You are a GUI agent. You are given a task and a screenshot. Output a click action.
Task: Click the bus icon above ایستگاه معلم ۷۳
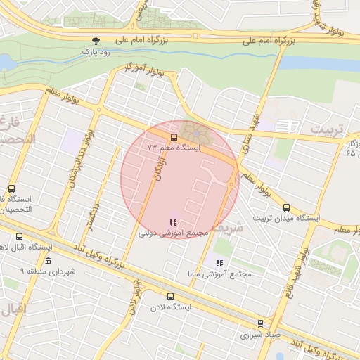(x=174, y=137)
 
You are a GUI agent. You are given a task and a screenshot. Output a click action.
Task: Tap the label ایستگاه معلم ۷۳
(x=174, y=148)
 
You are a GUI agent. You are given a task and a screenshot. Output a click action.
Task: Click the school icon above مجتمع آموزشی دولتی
(x=174, y=222)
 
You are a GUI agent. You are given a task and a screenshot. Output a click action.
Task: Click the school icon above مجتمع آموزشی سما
(x=219, y=263)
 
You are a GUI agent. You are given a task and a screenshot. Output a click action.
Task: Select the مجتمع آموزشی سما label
(x=219, y=274)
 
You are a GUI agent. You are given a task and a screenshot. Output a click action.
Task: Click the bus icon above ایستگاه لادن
(x=170, y=296)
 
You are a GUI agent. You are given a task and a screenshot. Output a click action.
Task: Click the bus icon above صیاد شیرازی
(x=261, y=323)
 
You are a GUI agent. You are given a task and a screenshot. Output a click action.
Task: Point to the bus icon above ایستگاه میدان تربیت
(x=286, y=207)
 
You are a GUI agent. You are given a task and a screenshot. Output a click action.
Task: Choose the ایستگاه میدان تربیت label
(x=288, y=219)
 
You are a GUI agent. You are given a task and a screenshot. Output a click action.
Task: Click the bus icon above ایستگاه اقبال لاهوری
(x=19, y=236)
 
